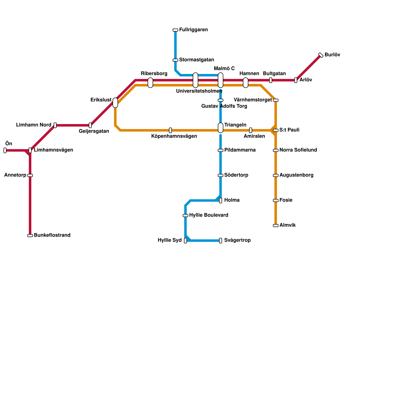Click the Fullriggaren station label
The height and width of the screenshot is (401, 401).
(x=193, y=30)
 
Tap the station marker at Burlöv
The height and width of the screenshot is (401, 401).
(x=321, y=55)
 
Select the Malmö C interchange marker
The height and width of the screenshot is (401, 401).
(x=221, y=80)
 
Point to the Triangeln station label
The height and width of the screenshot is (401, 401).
(x=235, y=125)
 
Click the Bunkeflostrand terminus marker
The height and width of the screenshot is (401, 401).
(x=30, y=236)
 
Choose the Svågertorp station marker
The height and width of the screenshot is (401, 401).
(x=221, y=241)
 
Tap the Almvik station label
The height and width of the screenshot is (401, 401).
(x=287, y=225)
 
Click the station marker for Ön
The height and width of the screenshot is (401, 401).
(x=5, y=150)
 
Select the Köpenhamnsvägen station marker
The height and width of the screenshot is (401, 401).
(x=170, y=130)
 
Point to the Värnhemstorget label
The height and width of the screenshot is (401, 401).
(x=253, y=100)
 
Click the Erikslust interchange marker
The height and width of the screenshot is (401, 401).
(x=115, y=103)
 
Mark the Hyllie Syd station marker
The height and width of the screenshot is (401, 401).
(x=185, y=241)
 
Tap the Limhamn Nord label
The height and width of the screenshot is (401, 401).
(x=34, y=125)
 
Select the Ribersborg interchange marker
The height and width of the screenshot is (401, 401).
(x=150, y=83)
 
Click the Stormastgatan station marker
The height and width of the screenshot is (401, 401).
(x=175, y=60)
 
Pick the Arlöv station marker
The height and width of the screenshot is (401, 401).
(x=296, y=80)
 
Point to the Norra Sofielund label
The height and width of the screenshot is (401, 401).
(x=298, y=150)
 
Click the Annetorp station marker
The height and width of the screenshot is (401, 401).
(x=30, y=175)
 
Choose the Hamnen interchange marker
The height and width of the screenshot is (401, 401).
(x=246, y=83)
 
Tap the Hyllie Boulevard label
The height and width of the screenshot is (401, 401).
(x=209, y=215)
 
